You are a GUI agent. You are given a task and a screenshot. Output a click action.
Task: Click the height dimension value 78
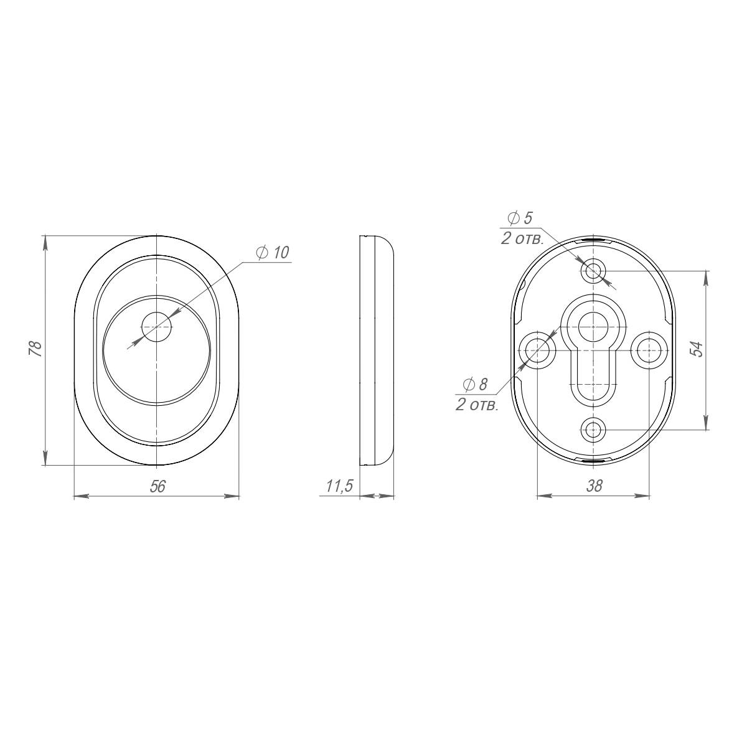(35, 349)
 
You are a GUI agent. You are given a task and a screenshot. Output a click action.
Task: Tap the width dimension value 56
(157, 487)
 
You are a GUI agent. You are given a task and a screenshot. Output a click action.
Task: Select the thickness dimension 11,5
(340, 486)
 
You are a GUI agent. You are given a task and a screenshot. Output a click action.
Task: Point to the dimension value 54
(697, 349)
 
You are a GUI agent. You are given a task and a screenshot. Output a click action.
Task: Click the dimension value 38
(594, 486)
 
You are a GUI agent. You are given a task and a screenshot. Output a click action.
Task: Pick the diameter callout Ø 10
(273, 252)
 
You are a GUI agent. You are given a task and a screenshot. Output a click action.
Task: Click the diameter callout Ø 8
(475, 385)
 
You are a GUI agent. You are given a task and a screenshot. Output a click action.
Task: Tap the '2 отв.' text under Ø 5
(522, 238)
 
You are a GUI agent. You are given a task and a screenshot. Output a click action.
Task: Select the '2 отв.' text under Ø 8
(477, 405)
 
